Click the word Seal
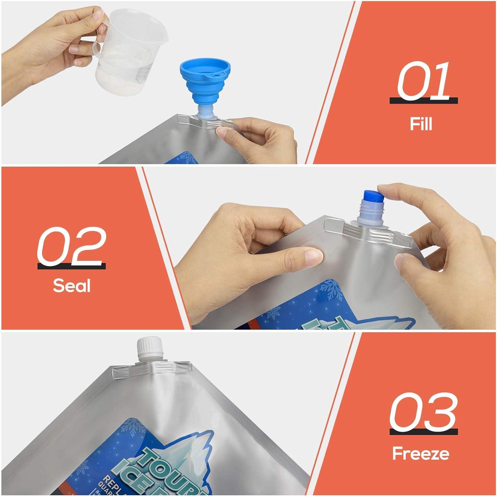pyautogui.click(x=72, y=285)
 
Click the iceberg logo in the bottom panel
pyautogui.click(x=186, y=457)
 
